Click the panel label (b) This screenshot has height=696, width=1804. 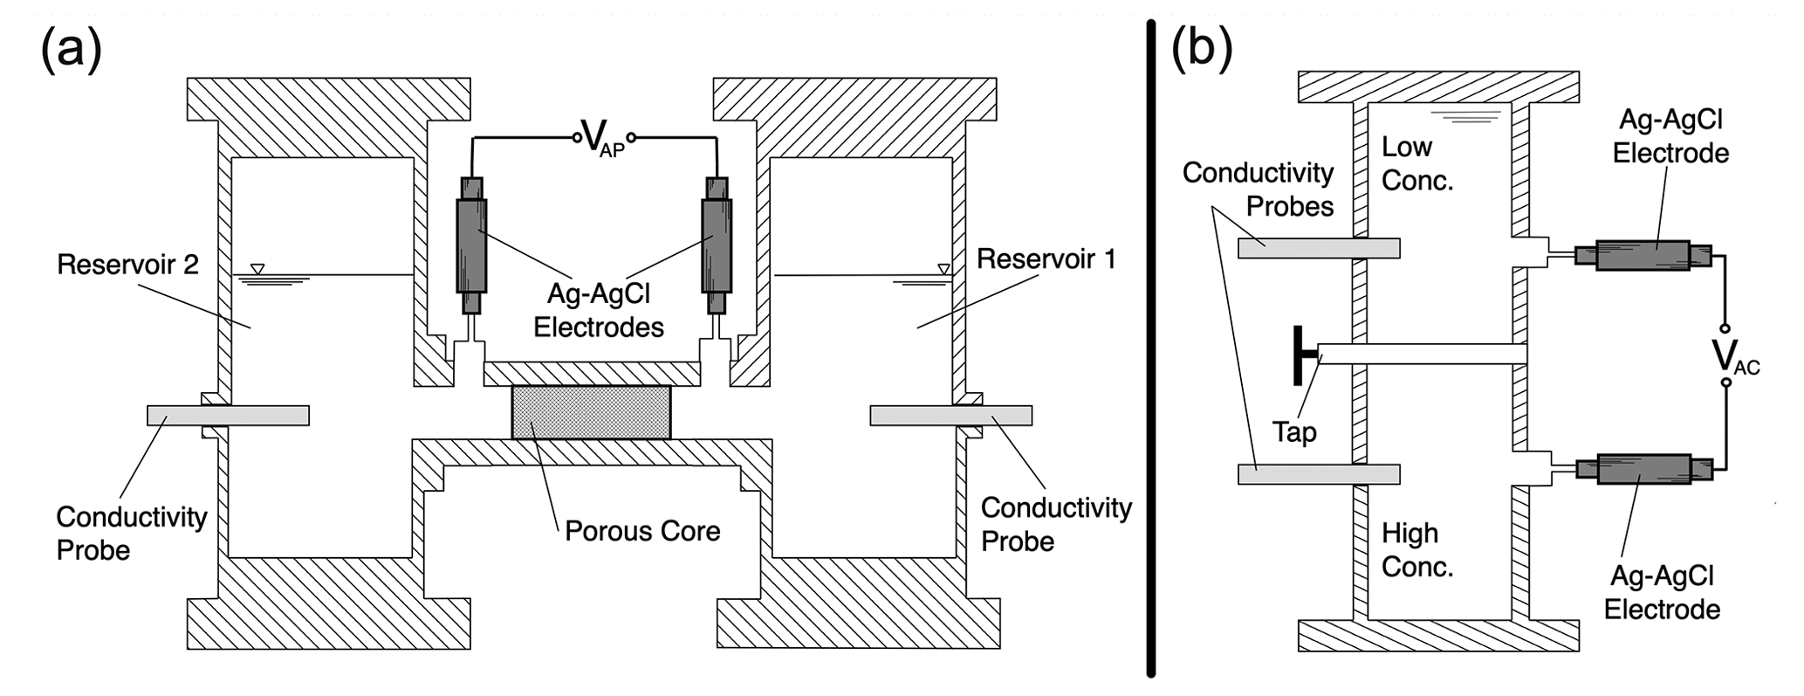(x=1202, y=48)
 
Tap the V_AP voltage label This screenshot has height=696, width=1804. (x=602, y=138)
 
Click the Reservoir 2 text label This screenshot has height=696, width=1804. (x=127, y=265)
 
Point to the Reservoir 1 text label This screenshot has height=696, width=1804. (x=1046, y=258)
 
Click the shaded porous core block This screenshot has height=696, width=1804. (x=592, y=412)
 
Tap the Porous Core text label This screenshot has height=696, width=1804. (x=642, y=531)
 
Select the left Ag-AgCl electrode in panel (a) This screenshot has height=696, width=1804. (x=471, y=245)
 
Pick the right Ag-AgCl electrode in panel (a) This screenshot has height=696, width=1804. (x=717, y=245)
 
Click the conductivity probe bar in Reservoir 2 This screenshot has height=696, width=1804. (x=228, y=415)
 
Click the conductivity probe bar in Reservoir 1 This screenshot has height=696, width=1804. (x=950, y=415)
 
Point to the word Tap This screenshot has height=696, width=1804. (x=1293, y=431)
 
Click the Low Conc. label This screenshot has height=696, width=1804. (x=1417, y=163)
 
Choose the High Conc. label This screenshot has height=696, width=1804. (x=1417, y=550)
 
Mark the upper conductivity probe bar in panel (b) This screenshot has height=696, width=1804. (x=1319, y=249)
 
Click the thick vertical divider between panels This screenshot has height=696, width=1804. (x=1151, y=349)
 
